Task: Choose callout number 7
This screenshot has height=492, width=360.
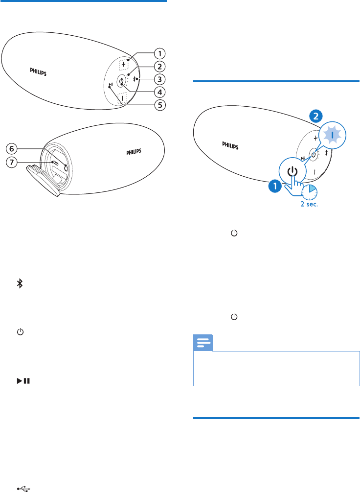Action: tap(12, 161)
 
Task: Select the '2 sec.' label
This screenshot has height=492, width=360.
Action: tap(309, 204)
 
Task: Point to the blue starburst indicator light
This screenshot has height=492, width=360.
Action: tap(333, 134)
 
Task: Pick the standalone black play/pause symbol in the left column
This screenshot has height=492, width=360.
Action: tap(22, 380)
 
